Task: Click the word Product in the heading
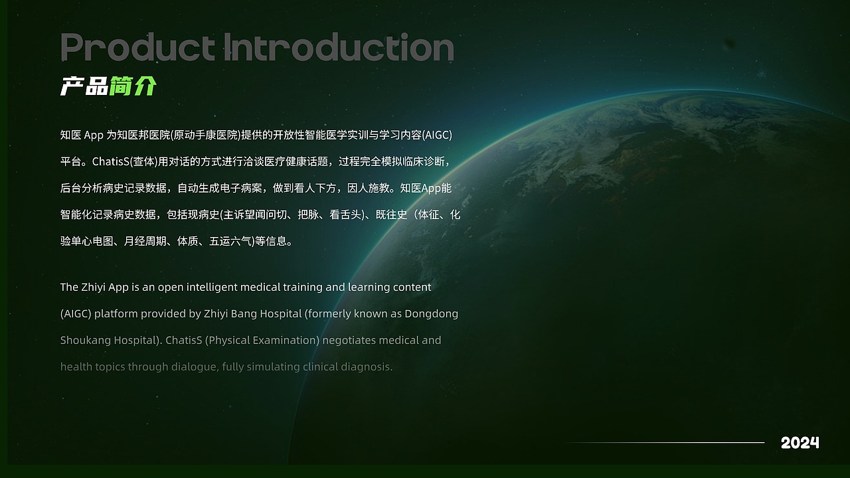point(137,47)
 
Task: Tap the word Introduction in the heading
point(339,47)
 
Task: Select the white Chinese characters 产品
point(84,86)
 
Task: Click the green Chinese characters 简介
point(133,86)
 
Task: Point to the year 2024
point(800,443)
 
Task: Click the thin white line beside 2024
point(664,442)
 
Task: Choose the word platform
point(116,313)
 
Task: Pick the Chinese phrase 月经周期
point(145,242)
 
